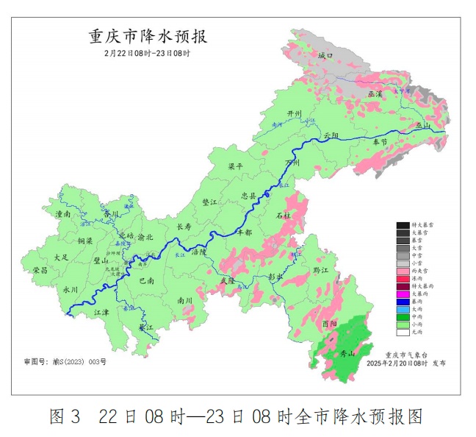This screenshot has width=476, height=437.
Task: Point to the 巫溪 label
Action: pos(375,94)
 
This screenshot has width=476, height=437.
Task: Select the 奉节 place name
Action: pos(380,141)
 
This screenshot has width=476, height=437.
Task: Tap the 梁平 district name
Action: pos(235,167)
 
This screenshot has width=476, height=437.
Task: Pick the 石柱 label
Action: pos(283,216)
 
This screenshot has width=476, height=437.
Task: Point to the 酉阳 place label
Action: pos(331,324)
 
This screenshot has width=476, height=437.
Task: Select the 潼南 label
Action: pos(63,214)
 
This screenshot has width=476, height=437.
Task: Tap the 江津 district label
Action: pos(101,312)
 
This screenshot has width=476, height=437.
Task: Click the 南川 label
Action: pos(184,300)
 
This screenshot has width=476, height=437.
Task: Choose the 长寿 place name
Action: pos(183,227)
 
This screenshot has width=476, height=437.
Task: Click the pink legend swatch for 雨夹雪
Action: pos(403,271)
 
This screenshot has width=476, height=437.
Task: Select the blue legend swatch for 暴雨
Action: pos(403,302)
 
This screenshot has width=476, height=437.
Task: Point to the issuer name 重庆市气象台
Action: pos(403,355)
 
